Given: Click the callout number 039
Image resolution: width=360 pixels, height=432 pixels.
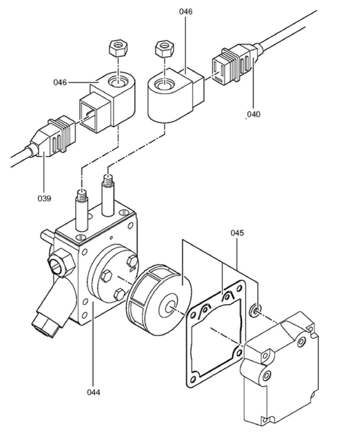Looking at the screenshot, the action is coord(44,198).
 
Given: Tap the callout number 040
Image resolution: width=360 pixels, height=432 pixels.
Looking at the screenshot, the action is coord(253,114).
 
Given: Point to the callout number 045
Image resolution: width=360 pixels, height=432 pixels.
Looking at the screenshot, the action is coord(237,233).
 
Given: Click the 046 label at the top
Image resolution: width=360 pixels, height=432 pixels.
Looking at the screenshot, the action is coord(186,11).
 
